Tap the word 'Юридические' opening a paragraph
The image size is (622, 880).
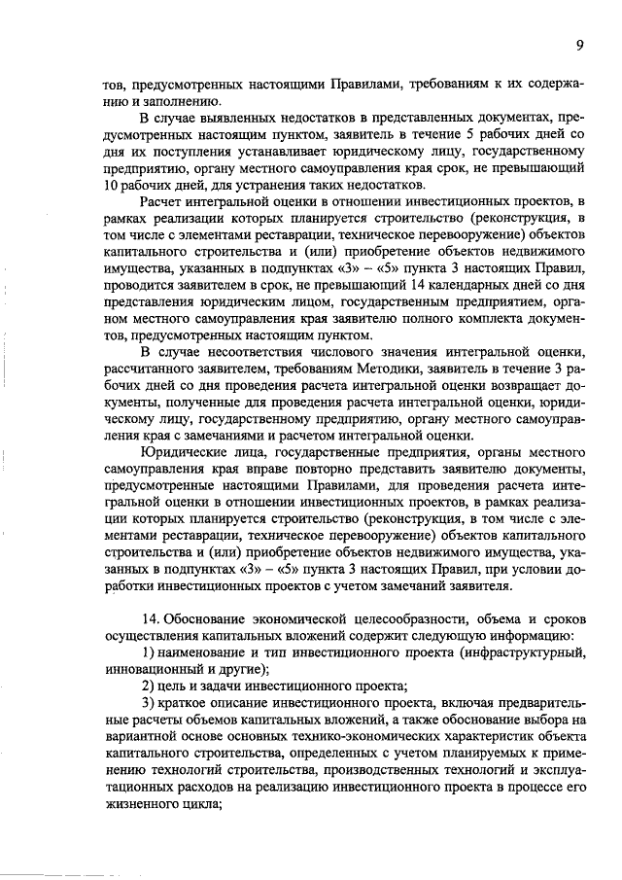point(189,450)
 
